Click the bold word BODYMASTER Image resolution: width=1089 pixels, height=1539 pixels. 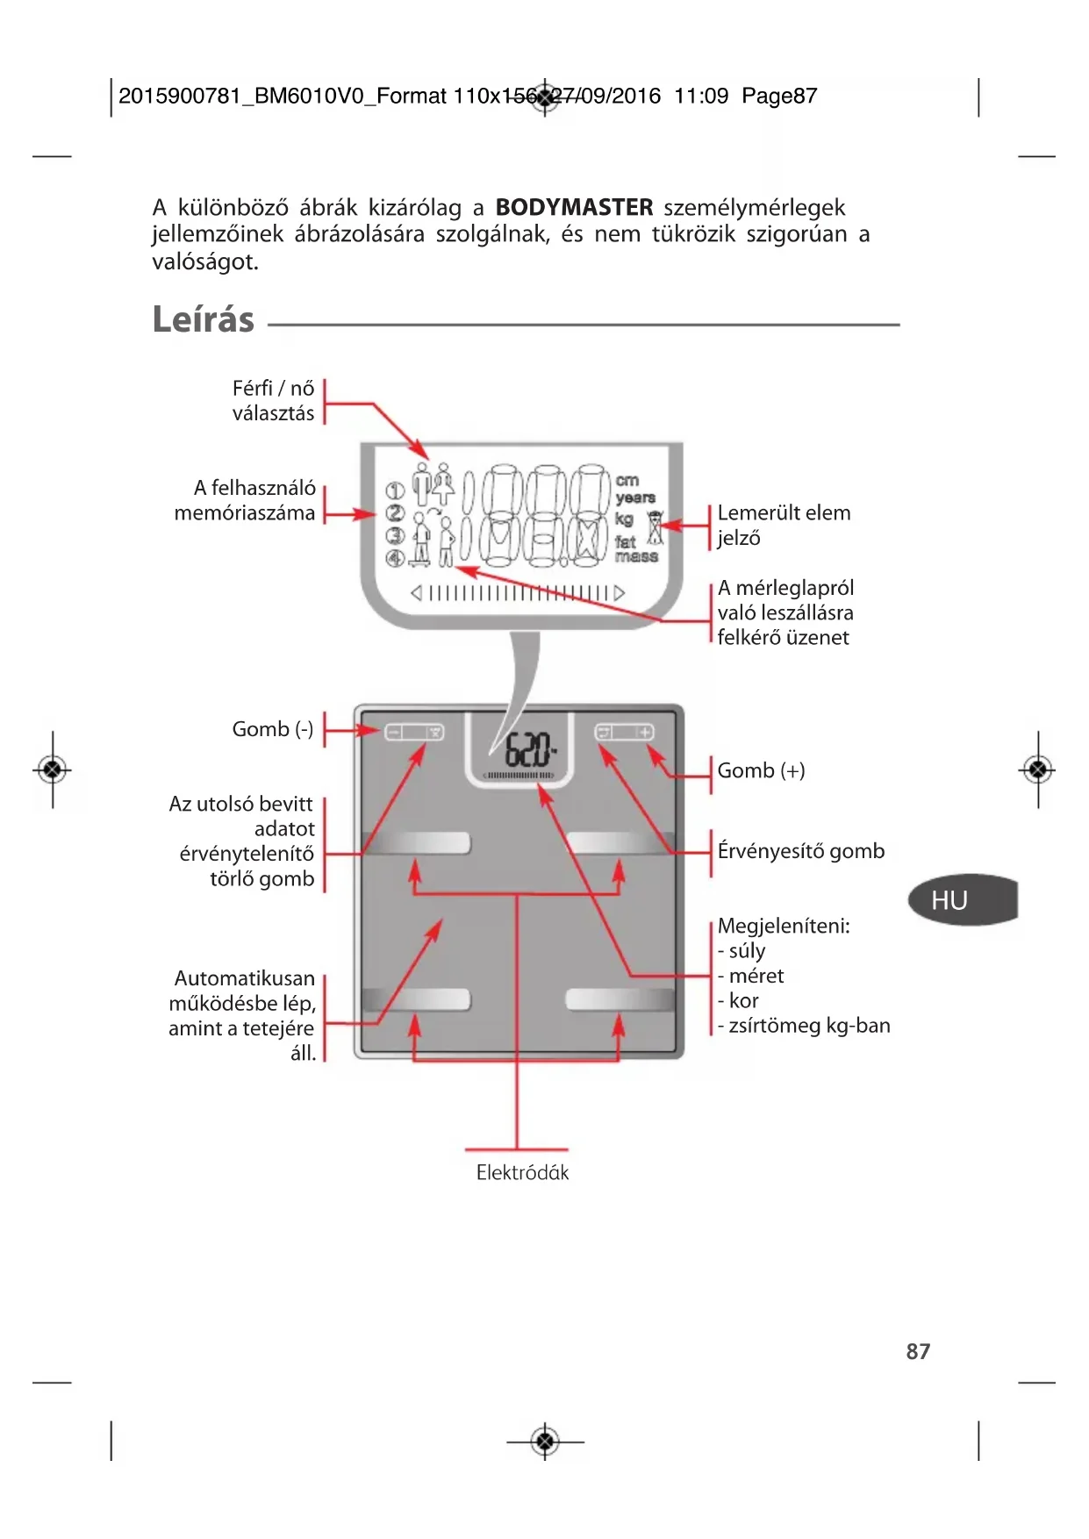574,208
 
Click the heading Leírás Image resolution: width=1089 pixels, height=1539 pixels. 203,319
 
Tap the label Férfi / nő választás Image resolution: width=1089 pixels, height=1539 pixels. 273,401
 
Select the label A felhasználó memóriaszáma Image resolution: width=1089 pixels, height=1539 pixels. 245,500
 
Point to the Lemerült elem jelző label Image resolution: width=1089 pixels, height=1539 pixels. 783,525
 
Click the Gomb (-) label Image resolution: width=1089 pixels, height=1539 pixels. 272,729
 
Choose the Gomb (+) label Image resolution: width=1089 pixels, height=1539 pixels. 761,770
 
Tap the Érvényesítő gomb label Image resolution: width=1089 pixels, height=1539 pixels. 800,851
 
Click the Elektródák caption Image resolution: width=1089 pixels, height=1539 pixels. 522,1172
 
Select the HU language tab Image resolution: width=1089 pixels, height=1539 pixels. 950,900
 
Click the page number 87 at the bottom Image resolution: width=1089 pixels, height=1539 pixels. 918,1351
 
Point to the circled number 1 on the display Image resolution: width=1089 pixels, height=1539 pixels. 395,490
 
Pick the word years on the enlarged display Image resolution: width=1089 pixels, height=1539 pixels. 635,497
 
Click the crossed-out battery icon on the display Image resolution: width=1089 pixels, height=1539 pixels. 655,527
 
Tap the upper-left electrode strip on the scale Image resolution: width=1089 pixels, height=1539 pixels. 416,843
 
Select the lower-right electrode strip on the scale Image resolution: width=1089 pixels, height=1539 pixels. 620,999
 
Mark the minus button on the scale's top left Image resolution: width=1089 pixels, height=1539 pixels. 393,733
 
